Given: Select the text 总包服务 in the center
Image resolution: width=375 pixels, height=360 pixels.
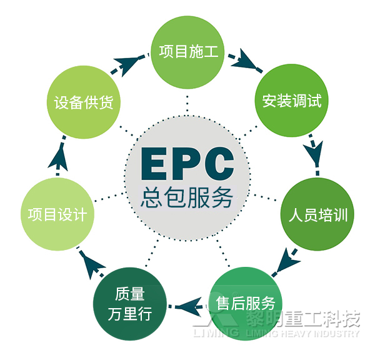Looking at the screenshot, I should tap(187, 198).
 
